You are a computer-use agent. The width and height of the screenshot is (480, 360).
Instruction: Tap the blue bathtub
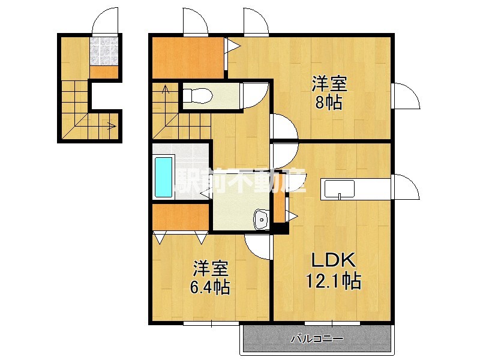tap(164, 176)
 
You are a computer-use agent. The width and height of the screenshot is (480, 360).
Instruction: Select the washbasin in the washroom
tap(261, 220)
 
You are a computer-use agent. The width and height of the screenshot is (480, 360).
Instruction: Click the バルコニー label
tap(317, 338)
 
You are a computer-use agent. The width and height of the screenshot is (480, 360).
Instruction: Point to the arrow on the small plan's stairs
tap(111, 126)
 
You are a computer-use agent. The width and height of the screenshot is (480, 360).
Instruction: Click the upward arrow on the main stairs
tap(166, 92)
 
